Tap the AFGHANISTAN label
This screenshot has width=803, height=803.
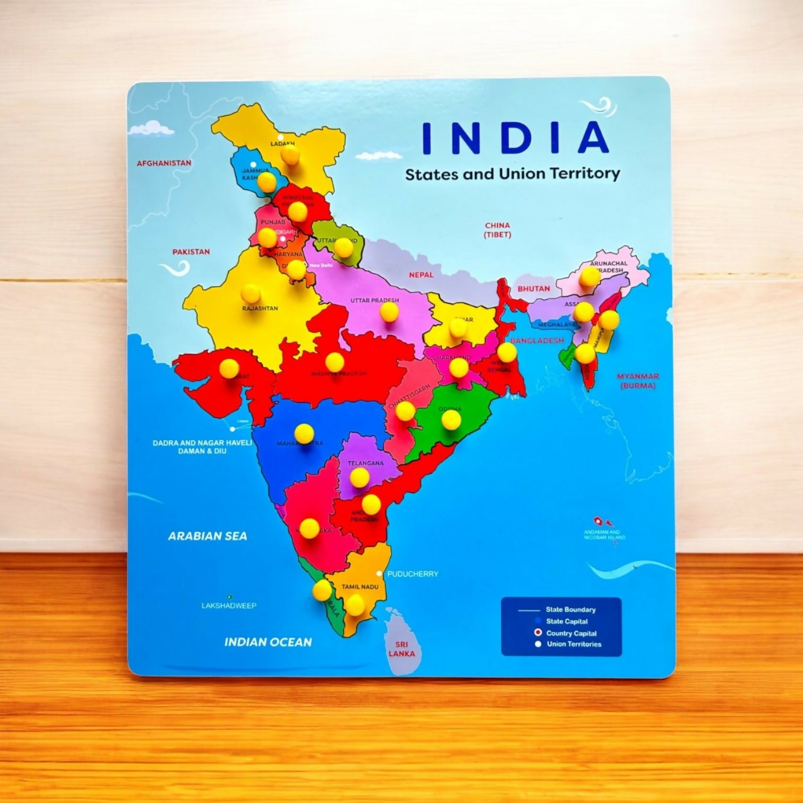[164, 163]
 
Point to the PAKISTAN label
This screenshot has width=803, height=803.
[191, 252]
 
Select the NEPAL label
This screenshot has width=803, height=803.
[421, 275]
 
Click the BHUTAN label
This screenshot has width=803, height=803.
[534, 288]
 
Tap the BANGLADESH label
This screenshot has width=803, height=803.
[537, 340]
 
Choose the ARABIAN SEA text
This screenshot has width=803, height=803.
[208, 536]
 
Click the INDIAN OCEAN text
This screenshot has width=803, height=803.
[268, 642]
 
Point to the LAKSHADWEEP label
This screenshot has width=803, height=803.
[229, 605]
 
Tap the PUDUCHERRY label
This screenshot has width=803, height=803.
[413, 574]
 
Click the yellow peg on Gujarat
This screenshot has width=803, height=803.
[229, 368]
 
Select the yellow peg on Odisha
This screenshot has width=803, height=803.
[451, 420]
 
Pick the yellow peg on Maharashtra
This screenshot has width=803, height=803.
[304, 433]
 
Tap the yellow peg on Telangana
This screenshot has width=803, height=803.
[360, 476]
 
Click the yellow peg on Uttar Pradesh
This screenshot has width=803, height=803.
[389, 311]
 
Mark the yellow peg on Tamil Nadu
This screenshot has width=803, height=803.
[355, 604]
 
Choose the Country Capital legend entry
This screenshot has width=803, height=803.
[571, 633]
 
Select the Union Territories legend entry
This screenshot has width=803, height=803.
[574, 644]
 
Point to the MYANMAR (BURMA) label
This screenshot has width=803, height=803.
[637, 381]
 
